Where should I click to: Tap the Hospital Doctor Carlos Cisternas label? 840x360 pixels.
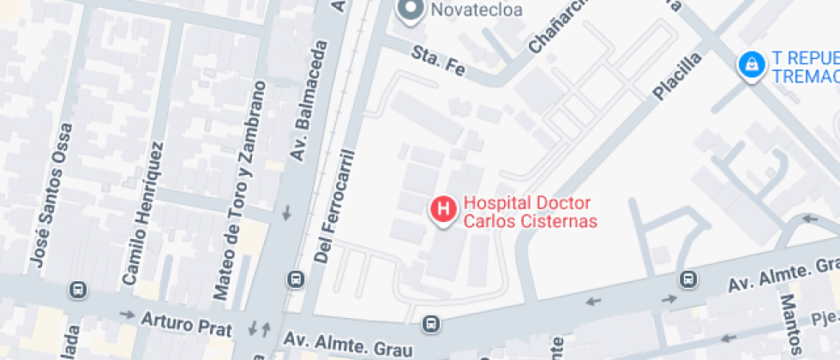tap(530, 213)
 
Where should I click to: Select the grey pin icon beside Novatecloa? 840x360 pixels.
tap(411, 9)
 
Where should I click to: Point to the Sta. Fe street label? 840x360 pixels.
tap(437, 60)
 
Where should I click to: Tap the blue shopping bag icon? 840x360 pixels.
tap(751, 64)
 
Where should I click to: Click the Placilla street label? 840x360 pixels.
tap(677, 75)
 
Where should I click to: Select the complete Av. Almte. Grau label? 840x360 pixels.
tap(349, 345)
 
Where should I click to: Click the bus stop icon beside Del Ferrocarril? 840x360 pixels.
tap(296, 279)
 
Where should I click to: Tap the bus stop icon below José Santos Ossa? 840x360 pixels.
tap(79, 290)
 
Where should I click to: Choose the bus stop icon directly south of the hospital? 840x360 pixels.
tap(431, 324)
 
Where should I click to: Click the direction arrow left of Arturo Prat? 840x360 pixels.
tap(127, 315)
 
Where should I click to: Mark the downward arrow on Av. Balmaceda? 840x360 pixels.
tap(286, 212)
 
